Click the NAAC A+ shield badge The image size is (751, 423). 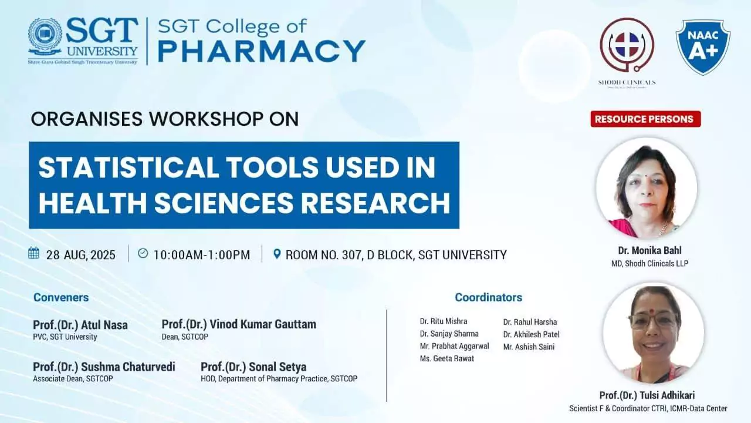[x=703, y=47]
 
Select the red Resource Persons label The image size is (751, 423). [x=645, y=119]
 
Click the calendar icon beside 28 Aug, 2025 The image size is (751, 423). [x=34, y=254]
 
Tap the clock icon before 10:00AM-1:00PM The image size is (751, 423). [x=143, y=254]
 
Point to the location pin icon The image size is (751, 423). [x=278, y=254]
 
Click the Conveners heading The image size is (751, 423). [x=61, y=297]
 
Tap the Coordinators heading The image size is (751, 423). [x=488, y=297]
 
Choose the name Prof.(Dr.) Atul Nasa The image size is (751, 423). [x=80, y=325]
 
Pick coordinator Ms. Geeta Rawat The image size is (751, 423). [x=446, y=358]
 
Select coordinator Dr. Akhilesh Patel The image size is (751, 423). [x=531, y=334]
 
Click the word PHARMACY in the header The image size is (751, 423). [x=261, y=51]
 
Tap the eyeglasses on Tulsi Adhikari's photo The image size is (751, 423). [x=652, y=321]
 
